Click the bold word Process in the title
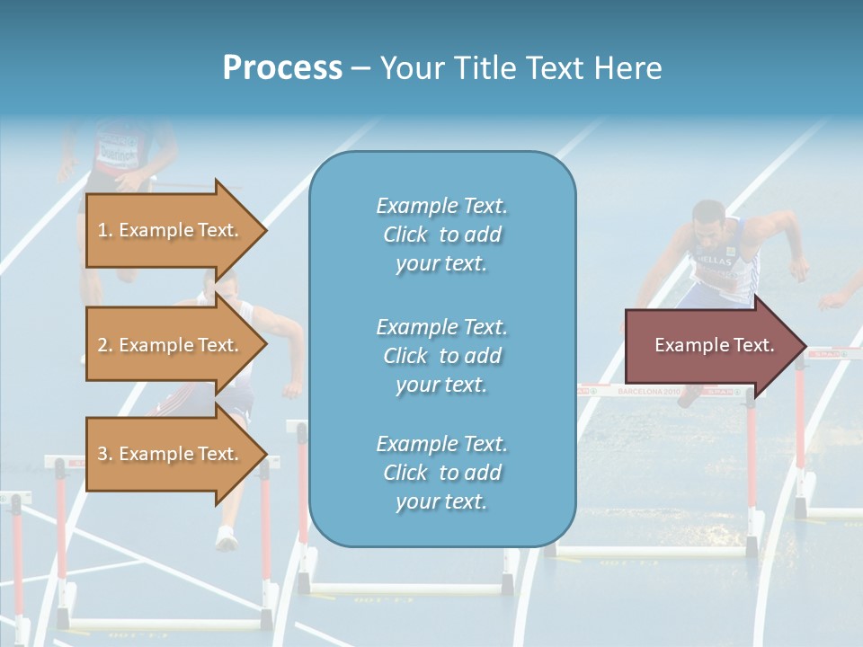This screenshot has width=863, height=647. (x=282, y=67)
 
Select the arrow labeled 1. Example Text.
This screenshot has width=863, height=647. (x=171, y=230)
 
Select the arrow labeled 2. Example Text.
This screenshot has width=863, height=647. (x=171, y=345)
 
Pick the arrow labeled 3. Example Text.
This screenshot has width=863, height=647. (x=171, y=454)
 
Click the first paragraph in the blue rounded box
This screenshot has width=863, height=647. (x=441, y=235)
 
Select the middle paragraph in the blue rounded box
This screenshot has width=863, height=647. (x=441, y=356)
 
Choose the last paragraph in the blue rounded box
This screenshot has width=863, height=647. (x=441, y=473)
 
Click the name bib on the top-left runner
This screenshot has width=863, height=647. (x=117, y=148)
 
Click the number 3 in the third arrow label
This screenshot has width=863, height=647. (x=102, y=454)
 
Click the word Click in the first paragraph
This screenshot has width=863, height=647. (x=405, y=235)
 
